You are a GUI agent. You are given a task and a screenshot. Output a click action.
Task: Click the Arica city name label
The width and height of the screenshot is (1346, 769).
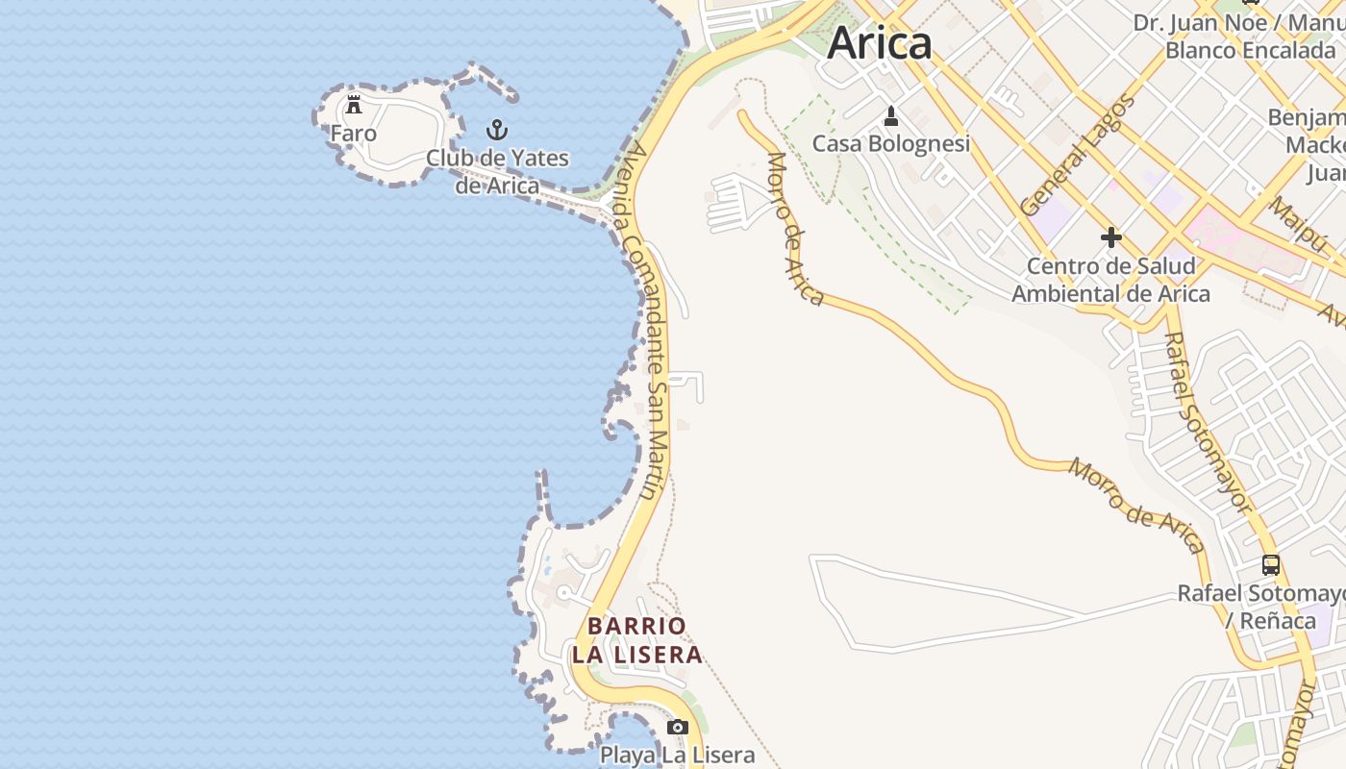879,43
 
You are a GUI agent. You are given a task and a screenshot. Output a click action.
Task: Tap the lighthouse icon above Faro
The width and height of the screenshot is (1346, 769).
354,104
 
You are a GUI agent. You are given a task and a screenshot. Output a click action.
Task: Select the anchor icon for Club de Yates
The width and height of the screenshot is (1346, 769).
497,129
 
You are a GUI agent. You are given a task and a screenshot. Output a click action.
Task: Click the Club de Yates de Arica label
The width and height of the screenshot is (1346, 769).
497,171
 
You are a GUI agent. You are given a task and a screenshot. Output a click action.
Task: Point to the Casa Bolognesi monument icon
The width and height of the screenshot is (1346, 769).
891,116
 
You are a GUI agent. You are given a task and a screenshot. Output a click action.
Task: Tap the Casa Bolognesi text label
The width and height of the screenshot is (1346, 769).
891,144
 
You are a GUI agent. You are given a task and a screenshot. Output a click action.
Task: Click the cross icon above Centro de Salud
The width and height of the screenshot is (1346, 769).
1111,237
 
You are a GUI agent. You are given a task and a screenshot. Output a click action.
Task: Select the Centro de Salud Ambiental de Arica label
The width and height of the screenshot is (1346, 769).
1110,280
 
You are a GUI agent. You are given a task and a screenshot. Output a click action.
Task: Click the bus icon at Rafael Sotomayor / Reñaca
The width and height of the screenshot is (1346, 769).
1271,565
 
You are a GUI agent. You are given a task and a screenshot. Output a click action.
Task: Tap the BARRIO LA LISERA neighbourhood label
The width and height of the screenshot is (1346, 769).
636,640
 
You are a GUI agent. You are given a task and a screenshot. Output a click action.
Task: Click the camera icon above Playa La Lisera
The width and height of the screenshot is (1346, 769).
678,727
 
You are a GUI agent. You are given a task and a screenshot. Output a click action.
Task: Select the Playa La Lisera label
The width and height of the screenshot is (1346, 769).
678,755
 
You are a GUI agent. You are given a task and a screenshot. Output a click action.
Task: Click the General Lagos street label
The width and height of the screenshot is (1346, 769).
1078,154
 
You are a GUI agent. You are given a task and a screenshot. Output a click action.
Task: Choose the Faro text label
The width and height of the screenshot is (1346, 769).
354,134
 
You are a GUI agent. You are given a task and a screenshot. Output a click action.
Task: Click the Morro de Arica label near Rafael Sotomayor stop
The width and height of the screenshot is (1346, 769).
1137,506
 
